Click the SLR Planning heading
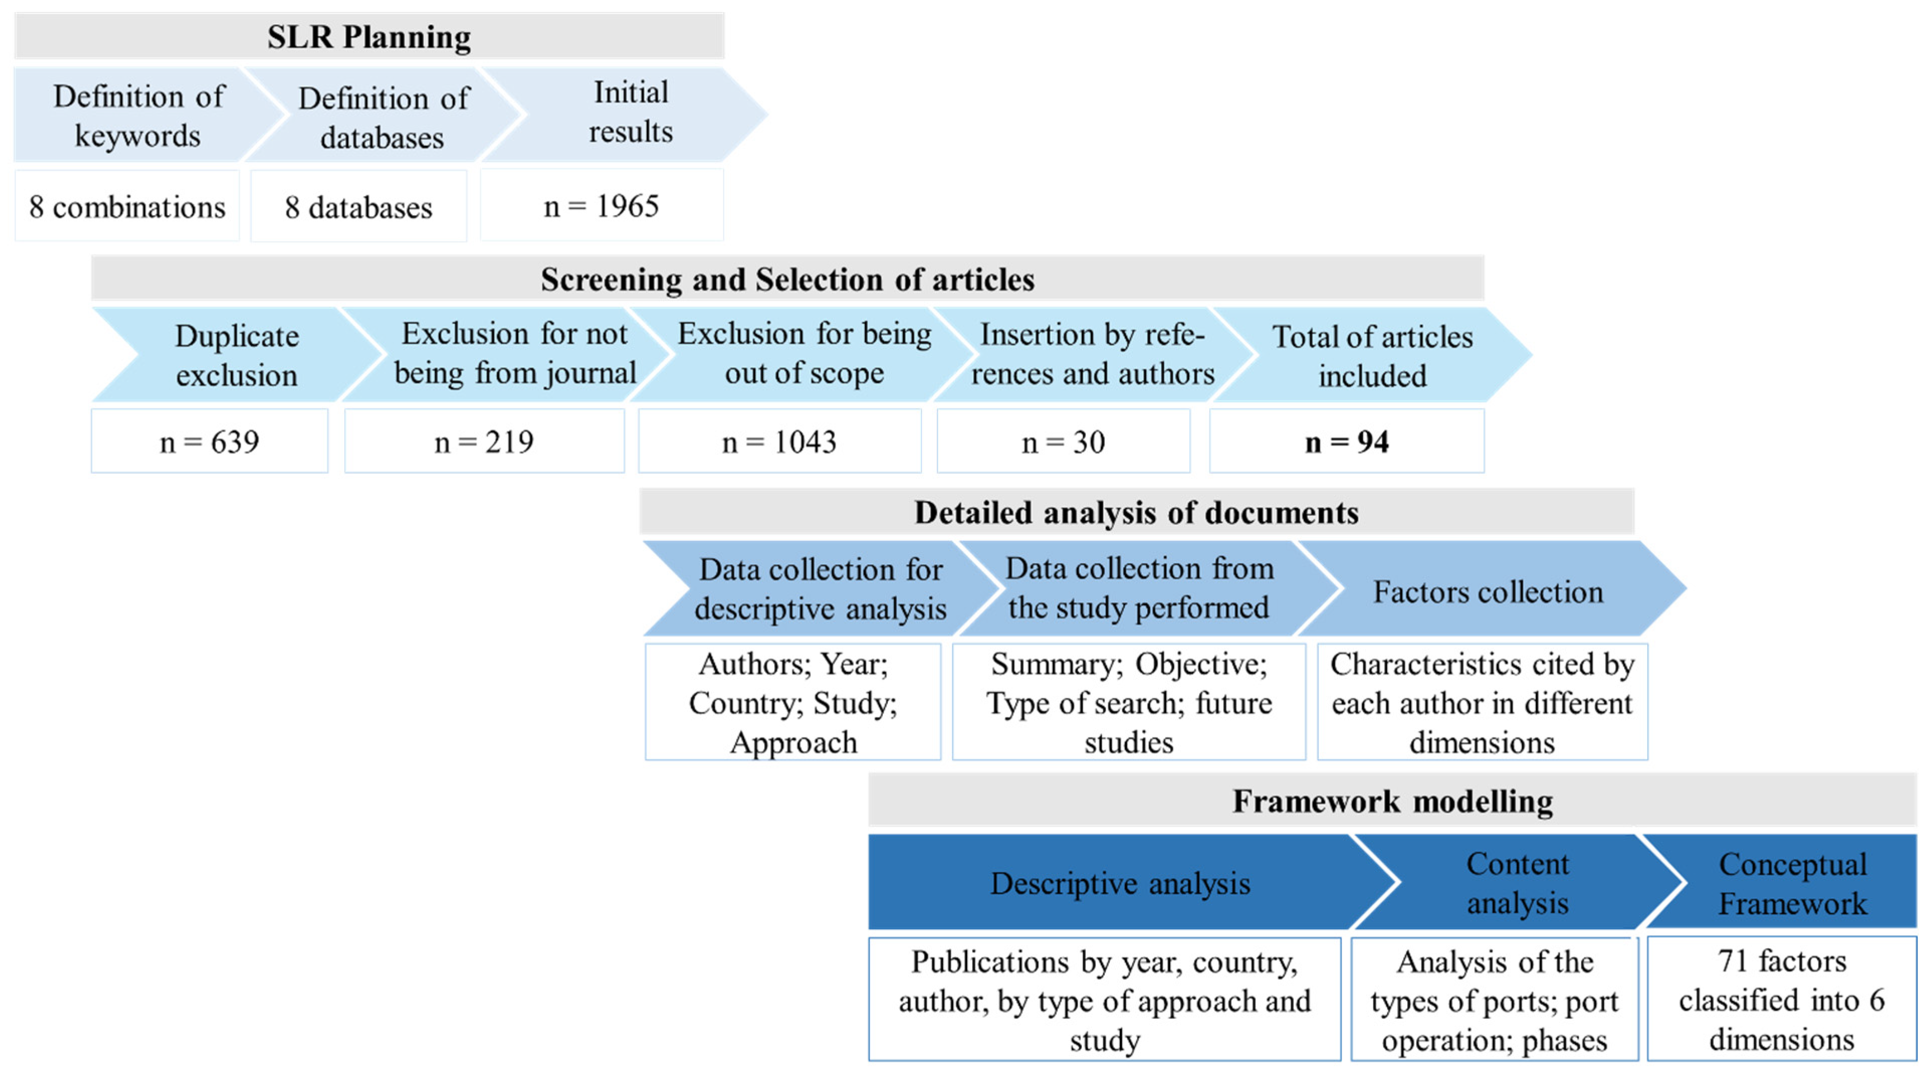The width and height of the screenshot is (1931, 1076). [x=369, y=37]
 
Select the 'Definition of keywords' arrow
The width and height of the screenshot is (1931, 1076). [x=139, y=116]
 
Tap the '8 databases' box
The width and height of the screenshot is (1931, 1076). [x=358, y=207]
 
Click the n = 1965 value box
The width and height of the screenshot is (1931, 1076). [x=601, y=206]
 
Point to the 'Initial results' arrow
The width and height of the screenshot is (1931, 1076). [x=630, y=113]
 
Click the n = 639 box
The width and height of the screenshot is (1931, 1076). [x=209, y=442]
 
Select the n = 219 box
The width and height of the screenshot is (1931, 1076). [x=484, y=442]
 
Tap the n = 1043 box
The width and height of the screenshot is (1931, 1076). [x=779, y=442]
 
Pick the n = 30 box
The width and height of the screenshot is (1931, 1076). [x=1063, y=442]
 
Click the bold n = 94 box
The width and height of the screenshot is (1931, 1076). [x=1346, y=442]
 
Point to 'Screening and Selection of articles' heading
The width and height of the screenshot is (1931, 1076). [x=787, y=279]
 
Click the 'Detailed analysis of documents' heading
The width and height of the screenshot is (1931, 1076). [x=1135, y=512]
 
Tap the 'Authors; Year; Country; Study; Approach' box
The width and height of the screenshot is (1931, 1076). [x=792, y=703]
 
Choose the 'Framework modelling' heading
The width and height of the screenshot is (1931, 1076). [x=1392, y=801]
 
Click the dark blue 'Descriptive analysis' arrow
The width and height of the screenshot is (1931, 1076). [x=1120, y=883]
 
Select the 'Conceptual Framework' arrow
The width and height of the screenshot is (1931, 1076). [x=1791, y=883]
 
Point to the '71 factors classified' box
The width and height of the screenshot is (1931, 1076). [x=1781, y=1000]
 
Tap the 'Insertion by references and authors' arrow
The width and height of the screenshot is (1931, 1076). [x=1092, y=354]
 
